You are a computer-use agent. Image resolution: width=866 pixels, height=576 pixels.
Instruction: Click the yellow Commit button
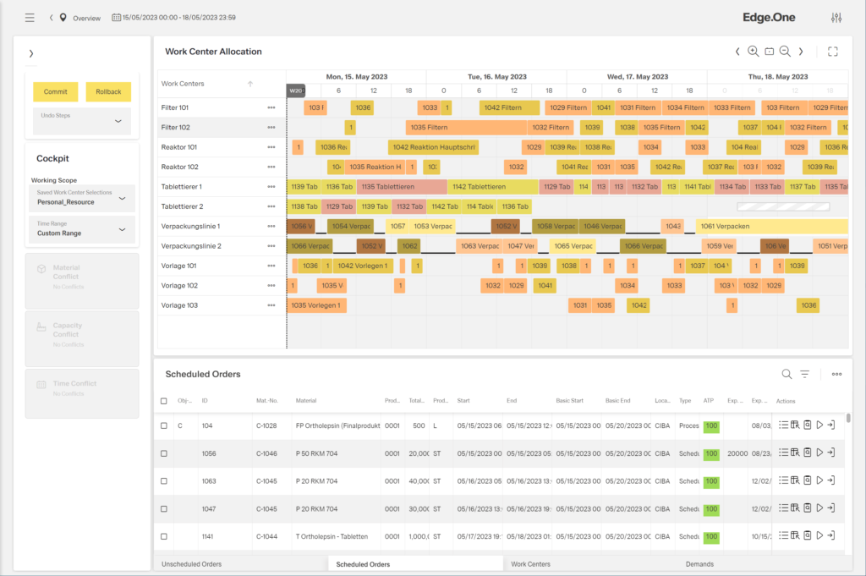(56, 91)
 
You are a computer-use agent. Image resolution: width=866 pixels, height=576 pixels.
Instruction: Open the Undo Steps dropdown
(117, 121)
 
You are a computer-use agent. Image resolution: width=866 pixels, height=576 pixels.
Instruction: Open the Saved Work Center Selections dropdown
(122, 198)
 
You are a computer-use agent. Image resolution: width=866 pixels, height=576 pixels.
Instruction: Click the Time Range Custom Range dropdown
(122, 228)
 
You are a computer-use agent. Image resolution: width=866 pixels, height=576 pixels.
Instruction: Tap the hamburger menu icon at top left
(30, 18)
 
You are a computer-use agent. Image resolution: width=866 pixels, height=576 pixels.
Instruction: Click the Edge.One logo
(769, 17)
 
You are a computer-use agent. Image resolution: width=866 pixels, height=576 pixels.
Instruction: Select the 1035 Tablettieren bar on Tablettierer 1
(402, 187)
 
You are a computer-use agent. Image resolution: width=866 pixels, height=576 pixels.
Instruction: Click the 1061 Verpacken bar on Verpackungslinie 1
(771, 227)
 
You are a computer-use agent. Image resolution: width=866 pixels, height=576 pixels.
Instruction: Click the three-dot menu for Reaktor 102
(271, 167)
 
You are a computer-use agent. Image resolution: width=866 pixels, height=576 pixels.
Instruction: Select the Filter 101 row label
(175, 108)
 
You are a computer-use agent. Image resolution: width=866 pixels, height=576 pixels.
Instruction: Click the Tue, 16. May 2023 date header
(496, 77)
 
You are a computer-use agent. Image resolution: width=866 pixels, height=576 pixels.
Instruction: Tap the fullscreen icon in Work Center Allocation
(833, 52)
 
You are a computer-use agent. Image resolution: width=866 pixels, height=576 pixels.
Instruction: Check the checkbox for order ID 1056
(164, 454)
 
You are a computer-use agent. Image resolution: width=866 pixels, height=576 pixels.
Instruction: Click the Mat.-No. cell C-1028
(266, 425)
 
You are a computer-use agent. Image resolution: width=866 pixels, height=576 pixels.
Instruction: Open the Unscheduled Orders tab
(191, 564)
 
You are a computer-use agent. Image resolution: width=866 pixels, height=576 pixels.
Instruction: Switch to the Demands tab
(699, 564)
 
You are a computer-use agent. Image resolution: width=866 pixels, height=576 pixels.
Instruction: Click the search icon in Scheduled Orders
(787, 374)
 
